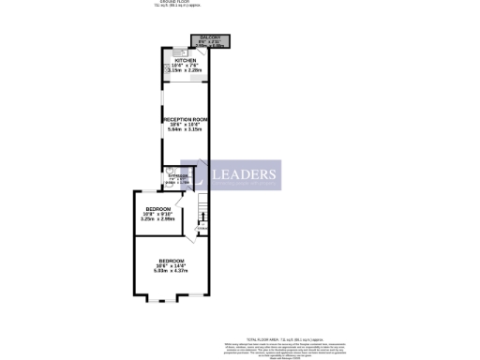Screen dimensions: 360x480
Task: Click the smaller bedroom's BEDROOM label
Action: pyautogui.click(x=157, y=208)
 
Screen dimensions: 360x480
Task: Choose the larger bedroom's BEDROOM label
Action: pyautogui.click(x=171, y=260)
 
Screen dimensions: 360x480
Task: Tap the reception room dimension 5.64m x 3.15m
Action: pyautogui.click(x=184, y=130)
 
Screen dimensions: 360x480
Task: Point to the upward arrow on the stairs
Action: pyautogui.click(x=202, y=218)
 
